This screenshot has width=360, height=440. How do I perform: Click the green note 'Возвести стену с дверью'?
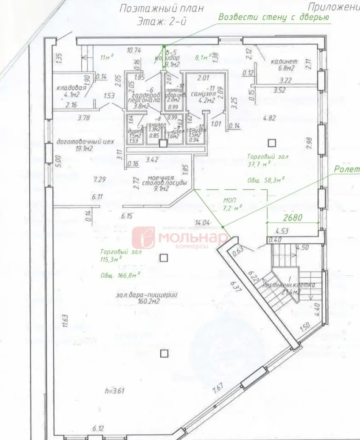[273, 17]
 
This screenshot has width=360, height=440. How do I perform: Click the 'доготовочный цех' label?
[85, 142]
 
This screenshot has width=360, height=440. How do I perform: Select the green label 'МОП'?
[231, 200]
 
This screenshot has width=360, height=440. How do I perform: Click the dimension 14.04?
[202, 222]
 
